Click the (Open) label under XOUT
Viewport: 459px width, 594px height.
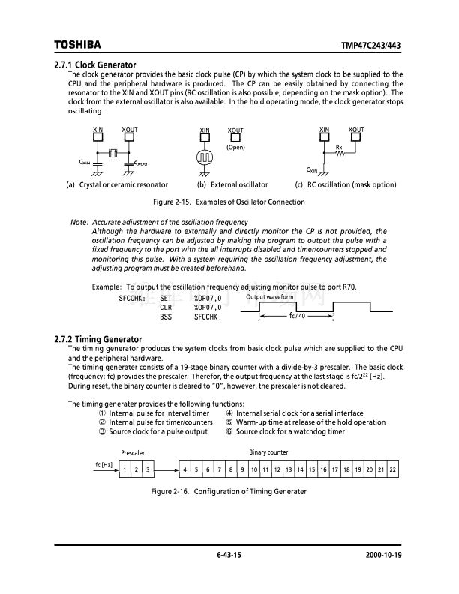(236, 148)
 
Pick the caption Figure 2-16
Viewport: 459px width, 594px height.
(229, 491)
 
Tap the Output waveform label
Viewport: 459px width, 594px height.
(269, 298)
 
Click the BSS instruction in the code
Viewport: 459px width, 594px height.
(166, 317)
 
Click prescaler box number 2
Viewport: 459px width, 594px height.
(136, 469)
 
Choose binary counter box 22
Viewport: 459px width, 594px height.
(392, 469)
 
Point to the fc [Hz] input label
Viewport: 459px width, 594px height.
(103, 465)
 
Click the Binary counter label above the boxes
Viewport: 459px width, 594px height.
(268, 452)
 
